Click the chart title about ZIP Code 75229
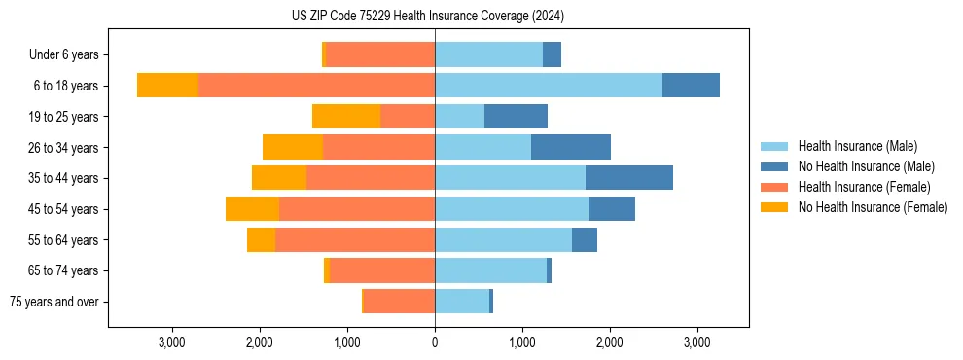click(428, 16)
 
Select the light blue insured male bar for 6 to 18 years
click(549, 86)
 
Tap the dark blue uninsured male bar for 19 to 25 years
click(516, 117)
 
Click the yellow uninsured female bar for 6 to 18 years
click(167, 86)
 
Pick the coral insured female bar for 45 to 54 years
click(357, 209)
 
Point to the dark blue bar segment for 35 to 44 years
click(629, 178)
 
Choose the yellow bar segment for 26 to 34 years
click(293, 147)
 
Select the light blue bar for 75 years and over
click(462, 302)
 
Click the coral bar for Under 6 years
click(379, 54)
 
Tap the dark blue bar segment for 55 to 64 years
click(585, 239)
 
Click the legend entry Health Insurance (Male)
click(857, 146)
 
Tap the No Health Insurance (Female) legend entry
click(873, 207)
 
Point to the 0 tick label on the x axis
click(435, 342)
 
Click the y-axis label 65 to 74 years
click(64, 270)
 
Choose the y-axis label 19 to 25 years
click(64, 117)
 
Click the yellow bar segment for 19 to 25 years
click(346, 117)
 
